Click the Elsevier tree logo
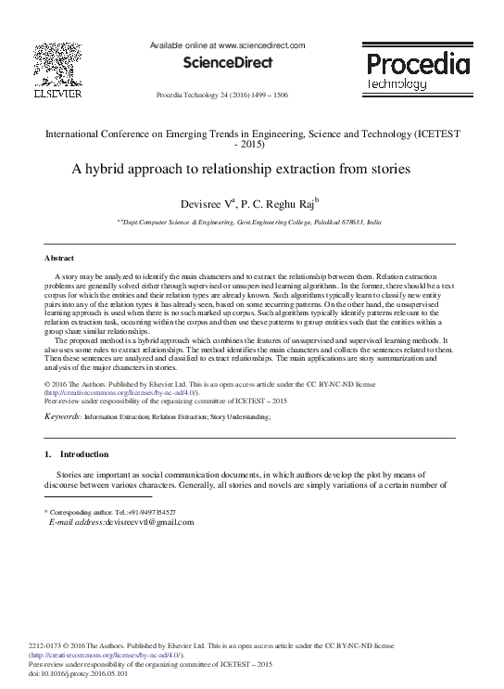[58, 64]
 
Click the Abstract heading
[59, 257]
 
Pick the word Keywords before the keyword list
[61, 418]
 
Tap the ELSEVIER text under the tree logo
[58, 95]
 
